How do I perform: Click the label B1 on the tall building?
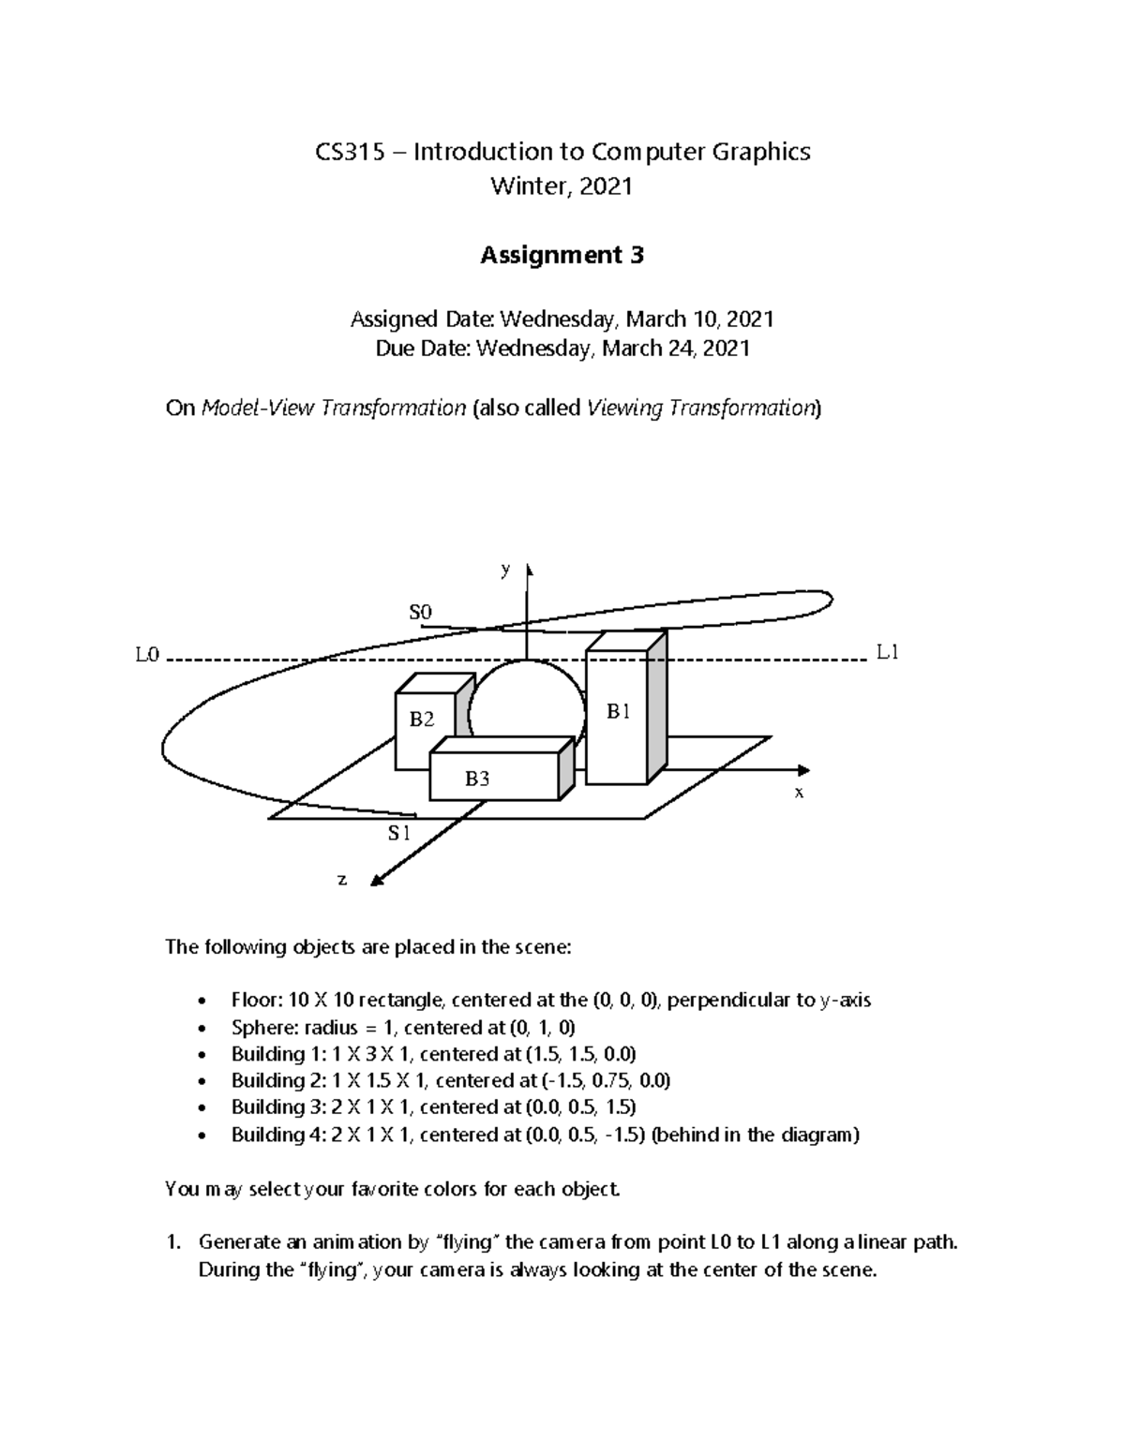click(618, 712)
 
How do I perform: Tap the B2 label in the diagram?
click(422, 720)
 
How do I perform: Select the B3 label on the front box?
click(477, 779)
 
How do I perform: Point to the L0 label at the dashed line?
click(147, 655)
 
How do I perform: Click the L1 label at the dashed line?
click(887, 652)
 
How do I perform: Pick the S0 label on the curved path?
click(420, 612)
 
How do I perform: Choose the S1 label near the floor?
click(399, 833)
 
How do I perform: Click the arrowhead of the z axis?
click(377, 881)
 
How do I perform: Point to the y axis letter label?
click(505, 569)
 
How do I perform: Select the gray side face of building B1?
click(657, 703)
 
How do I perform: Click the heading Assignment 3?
click(562, 255)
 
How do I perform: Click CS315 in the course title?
click(350, 152)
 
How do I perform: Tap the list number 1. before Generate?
click(172, 1242)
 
